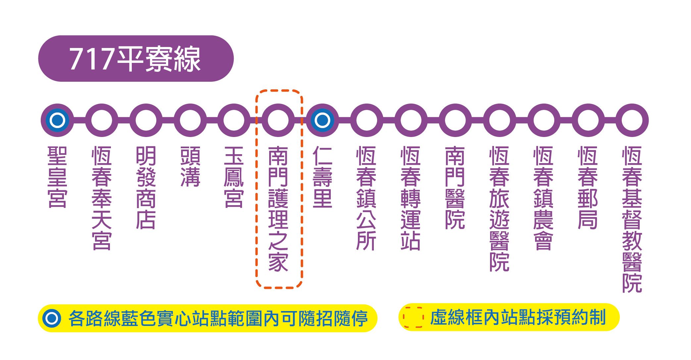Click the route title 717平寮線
click(x=135, y=59)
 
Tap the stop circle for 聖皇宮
click(x=57, y=120)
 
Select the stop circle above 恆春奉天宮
click(x=102, y=120)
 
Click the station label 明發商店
click(x=146, y=188)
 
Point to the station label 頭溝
click(x=190, y=166)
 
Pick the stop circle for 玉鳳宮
click(x=234, y=120)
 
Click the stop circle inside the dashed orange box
click(x=278, y=120)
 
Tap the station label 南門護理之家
click(x=278, y=209)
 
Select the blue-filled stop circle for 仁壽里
click(x=322, y=120)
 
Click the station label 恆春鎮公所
click(x=367, y=198)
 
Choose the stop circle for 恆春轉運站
click(x=411, y=120)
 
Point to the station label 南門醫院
click(x=455, y=188)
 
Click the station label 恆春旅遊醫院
click(x=499, y=209)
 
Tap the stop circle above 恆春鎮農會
click(x=544, y=120)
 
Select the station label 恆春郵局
click(x=588, y=188)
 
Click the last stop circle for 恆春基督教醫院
click(x=632, y=120)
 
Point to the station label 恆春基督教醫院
click(x=632, y=219)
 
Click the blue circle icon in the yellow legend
click(x=51, y=318)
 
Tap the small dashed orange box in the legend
click(x=413, y=317)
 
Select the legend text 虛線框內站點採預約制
click(x=518, y=317)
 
